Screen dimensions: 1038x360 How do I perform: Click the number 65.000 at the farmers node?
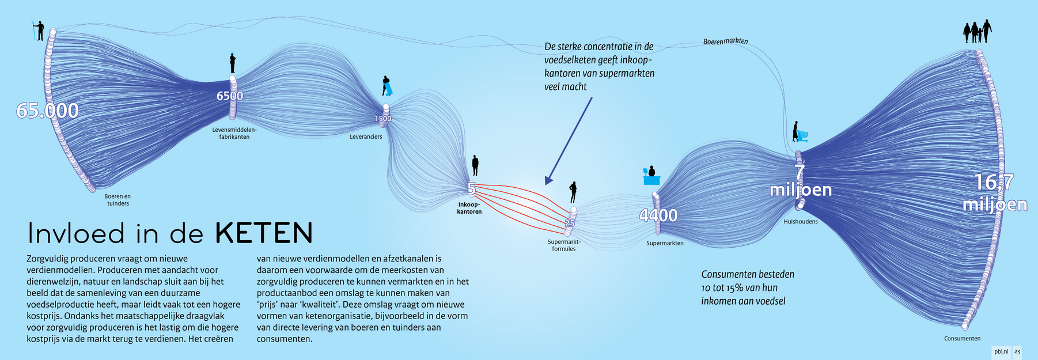(47, 111)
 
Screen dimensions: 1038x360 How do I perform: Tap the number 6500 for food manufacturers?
(230, 96)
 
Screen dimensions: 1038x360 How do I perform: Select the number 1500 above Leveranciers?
(383, 119)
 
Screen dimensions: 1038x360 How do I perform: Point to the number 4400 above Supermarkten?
(658, 215)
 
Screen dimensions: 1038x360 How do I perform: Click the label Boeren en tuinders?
(118, 200)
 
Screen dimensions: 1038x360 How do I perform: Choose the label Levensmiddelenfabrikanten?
(234, 133)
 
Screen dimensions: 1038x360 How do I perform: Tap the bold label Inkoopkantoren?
(469, 208)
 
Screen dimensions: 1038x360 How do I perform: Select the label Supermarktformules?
(564, 245)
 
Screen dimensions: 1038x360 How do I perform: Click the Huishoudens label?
(801, 222)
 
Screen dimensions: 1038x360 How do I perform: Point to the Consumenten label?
(962, 339)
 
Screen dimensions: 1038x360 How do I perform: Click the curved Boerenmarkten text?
(726, 41)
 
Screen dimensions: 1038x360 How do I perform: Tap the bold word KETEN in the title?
(264, 233)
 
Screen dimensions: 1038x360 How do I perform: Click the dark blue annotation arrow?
(568, 141)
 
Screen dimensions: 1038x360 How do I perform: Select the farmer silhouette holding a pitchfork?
(39, 31)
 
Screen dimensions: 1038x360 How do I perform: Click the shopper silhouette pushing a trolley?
(800, 132)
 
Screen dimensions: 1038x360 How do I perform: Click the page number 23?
(1017, 351)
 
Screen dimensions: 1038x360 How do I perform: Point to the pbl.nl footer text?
(1001, 351)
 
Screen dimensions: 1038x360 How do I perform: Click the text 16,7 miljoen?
(995, 193)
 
